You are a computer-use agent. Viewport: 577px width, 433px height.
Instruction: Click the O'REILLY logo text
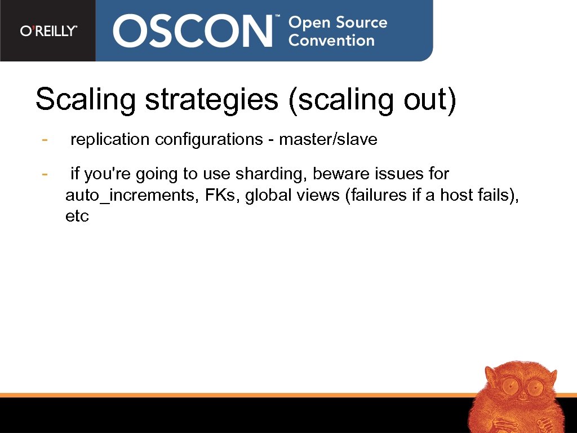pos(48,31)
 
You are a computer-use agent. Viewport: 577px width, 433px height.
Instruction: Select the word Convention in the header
pos(331,41)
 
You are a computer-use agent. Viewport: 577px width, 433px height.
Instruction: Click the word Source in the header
pos(362,23)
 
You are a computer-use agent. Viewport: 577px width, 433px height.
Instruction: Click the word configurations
pos(208,139)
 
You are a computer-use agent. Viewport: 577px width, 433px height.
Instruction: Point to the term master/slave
pos(328,139)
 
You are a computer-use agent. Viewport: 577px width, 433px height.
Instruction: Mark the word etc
pos(77,216)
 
